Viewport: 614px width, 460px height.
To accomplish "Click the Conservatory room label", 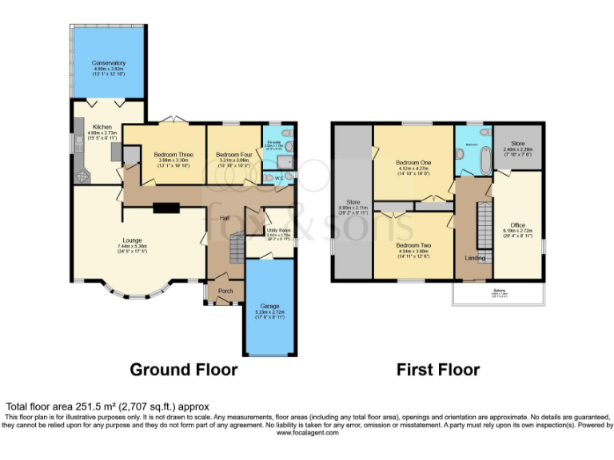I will click(109, 62).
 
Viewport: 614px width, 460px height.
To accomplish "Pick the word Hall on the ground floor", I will click(225, 217).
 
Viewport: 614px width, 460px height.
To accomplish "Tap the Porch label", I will click(225, 291).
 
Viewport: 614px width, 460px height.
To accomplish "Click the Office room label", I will click(517, 226).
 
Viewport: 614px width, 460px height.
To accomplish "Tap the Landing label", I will click(475, 258).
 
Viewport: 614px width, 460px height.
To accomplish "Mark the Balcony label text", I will click(498, 290).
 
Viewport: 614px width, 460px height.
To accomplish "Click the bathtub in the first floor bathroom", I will click(468, 161).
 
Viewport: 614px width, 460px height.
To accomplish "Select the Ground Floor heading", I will click(184, 370).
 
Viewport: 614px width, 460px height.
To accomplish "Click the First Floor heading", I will click(438, 370).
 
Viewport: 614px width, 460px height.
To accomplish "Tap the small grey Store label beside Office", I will click(517, 144).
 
